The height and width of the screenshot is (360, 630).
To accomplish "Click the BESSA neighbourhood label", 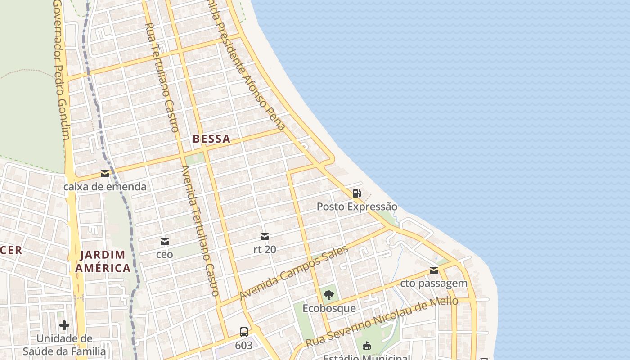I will tap(211, 139).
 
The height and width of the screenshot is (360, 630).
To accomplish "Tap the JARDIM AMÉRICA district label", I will tap(103, 261).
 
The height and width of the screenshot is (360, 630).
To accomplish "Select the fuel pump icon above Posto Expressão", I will tap(356, 193).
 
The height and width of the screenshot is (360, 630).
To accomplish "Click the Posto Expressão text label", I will tap(357, 207).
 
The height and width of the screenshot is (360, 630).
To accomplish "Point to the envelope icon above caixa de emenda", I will tap(105, 174).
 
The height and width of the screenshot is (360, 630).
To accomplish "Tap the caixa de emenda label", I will tap(105, 186).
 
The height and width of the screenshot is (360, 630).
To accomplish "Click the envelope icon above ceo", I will tap(165, 242).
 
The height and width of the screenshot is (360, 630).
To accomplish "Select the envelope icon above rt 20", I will tap(265, 237).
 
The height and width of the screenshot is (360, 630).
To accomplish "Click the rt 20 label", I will tap(265, 249).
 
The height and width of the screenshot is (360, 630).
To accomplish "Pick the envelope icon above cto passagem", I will tap(434, 270).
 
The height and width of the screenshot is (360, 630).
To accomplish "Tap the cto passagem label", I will tap(434, 283).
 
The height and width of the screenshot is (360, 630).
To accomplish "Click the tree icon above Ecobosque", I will tap(329, 296).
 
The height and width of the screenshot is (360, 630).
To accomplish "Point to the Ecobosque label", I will tap(329, 308).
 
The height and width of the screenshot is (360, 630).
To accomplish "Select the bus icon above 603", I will tap(243, 332).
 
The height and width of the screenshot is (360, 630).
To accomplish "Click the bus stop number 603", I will tap(243, 345).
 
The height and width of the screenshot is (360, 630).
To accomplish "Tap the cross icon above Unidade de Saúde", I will tap(64, 325).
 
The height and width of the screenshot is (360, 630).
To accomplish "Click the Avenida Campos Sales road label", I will tap(294, 273).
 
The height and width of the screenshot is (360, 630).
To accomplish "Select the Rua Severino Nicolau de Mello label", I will tap(382, 322).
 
